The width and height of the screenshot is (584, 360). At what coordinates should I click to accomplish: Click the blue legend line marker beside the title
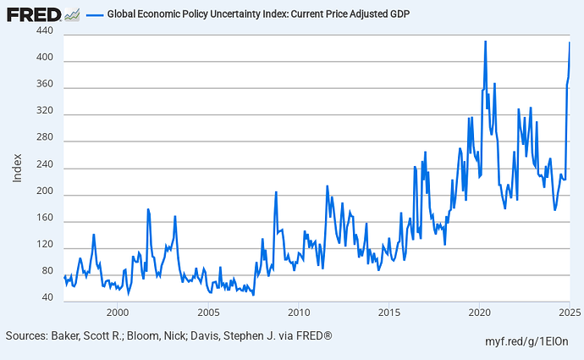95,15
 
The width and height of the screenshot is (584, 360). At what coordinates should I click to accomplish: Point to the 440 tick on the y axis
45,31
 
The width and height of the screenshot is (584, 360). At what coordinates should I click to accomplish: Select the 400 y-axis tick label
45,58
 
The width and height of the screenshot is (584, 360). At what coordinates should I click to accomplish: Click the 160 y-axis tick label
45,219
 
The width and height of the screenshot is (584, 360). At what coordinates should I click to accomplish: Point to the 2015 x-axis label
388,313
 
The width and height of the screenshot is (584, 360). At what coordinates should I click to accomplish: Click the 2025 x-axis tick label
569,313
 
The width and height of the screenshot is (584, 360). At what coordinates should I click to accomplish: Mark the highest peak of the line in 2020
485,41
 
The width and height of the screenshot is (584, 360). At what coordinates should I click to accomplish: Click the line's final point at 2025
570,42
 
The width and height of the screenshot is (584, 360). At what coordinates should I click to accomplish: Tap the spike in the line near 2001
147,209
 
